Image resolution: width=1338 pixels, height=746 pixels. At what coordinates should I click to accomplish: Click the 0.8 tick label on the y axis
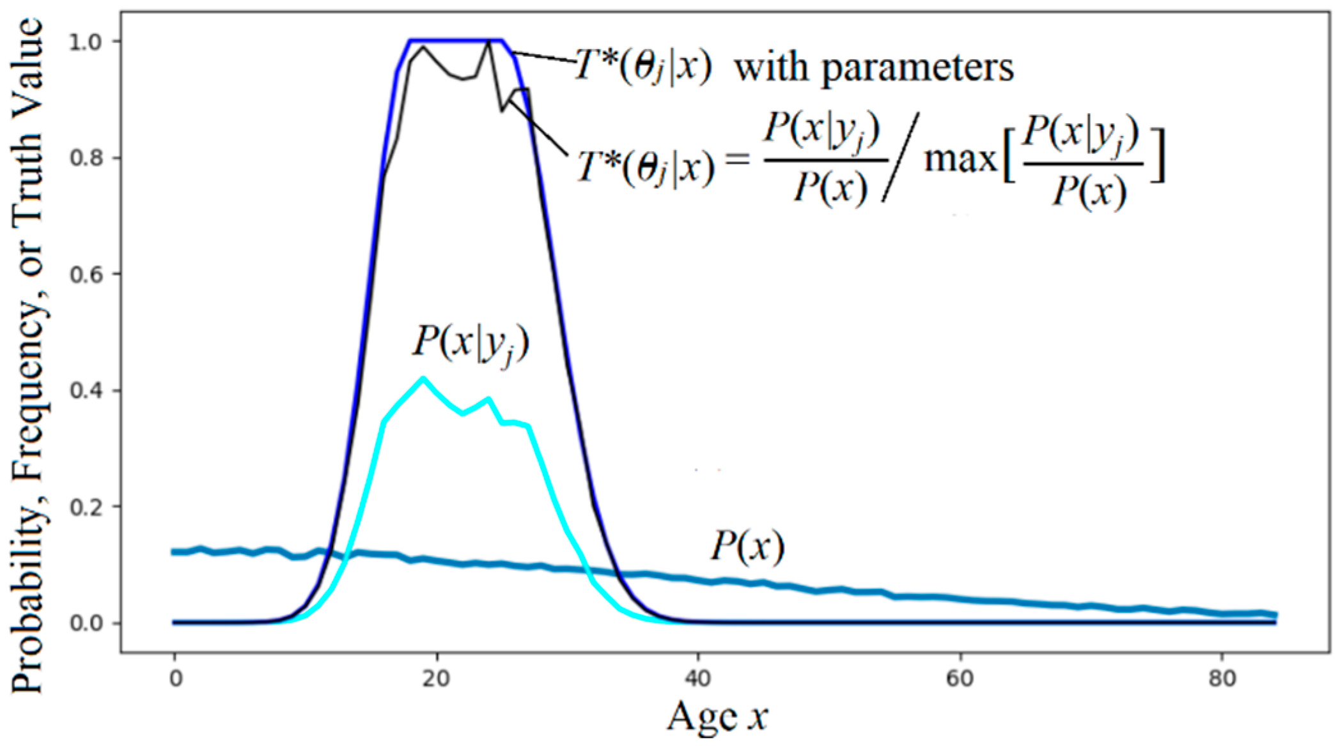point(86,158)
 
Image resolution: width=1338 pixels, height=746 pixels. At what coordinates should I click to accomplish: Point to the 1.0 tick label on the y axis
point(86,42)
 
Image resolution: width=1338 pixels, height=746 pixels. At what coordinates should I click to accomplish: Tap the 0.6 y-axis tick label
point(86,274)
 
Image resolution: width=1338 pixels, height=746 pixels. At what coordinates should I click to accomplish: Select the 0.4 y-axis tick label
point(86,390)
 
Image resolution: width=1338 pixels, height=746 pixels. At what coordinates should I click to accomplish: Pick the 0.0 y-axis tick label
point(86,623)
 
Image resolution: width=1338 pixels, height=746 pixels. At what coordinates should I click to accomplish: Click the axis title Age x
point(717,717)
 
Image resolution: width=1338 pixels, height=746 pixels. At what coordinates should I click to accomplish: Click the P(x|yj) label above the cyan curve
point(471,345)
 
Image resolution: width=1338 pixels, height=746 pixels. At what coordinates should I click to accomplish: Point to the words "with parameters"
point(873,68)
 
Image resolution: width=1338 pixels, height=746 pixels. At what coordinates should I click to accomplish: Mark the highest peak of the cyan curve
point(423,378)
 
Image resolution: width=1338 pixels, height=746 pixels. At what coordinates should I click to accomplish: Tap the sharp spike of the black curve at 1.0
point(488,42)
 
